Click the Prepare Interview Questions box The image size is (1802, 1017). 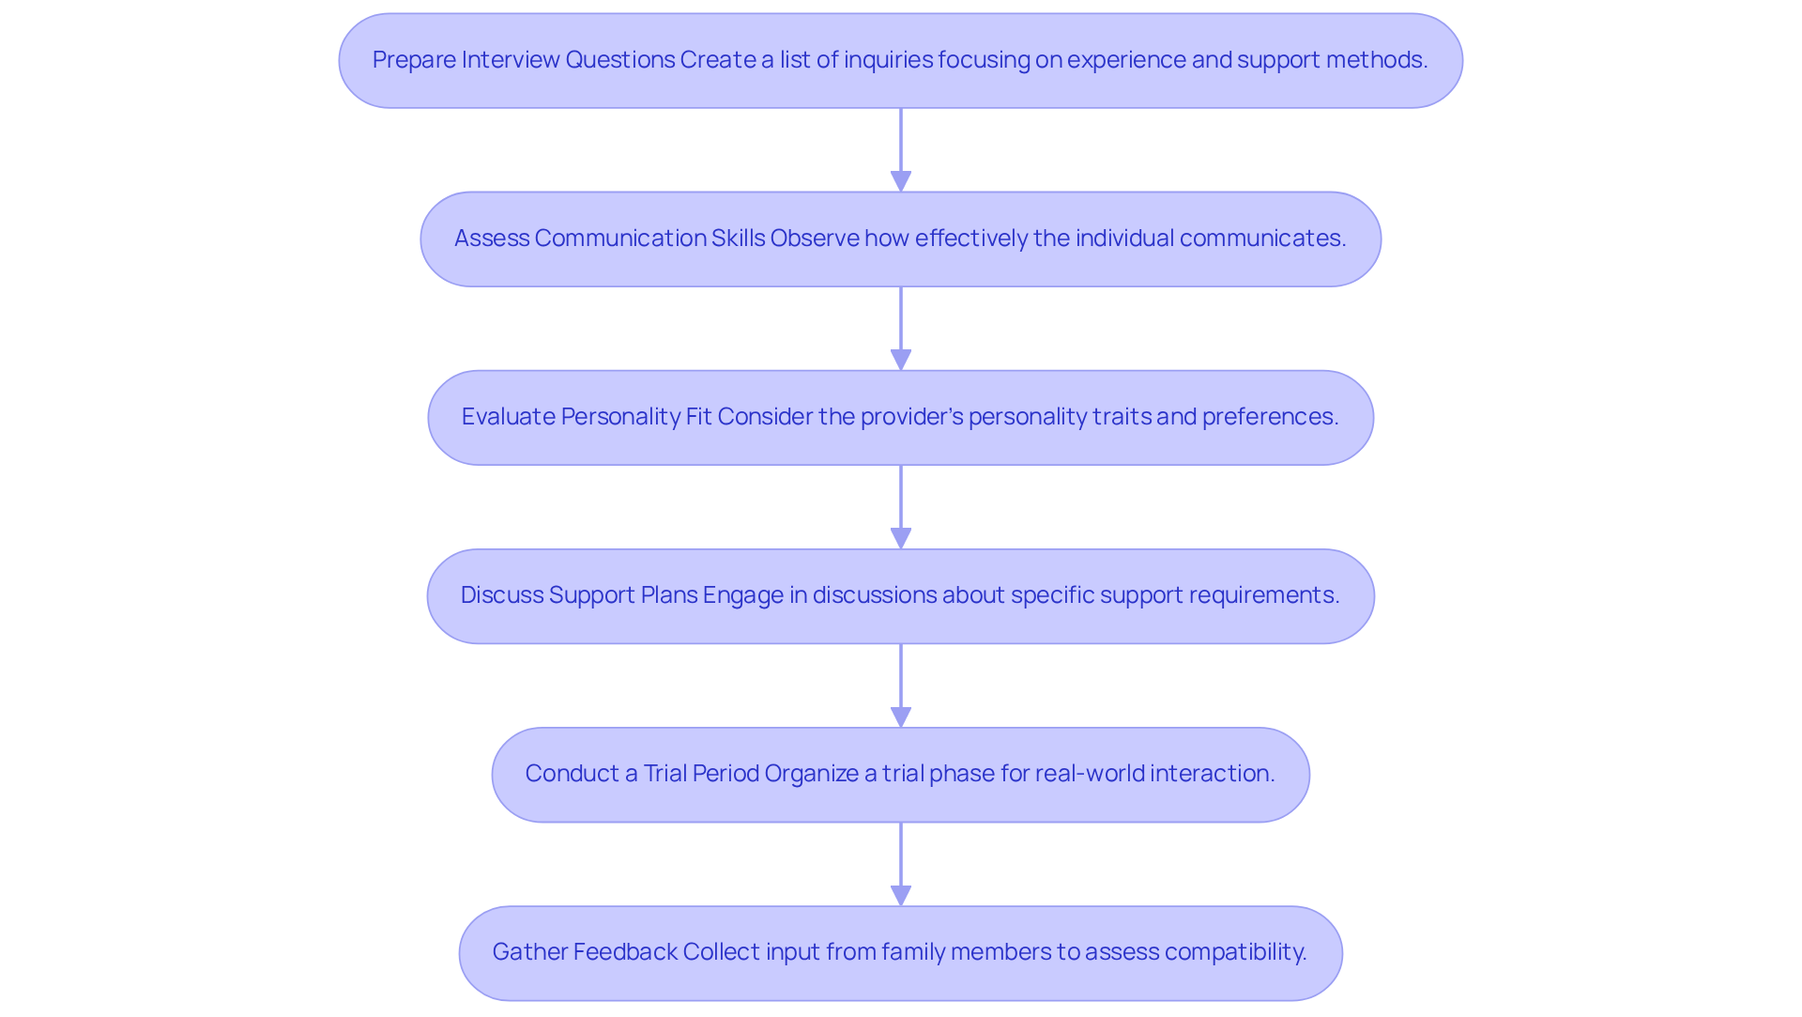[900, 60]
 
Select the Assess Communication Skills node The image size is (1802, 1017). [900, 239]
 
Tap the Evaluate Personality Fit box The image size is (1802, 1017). [900, 417]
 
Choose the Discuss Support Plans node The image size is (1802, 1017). [900, 595]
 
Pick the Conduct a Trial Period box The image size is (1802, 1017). [900, 774]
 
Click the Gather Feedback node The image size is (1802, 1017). [900, 952]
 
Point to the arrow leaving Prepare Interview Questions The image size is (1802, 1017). [900, 146]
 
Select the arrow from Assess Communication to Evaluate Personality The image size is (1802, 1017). [900, 324]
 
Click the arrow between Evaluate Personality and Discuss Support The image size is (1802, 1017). [900, 502]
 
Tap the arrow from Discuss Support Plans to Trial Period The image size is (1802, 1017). [900, 681]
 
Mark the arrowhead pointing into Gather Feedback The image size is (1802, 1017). [900, 895]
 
